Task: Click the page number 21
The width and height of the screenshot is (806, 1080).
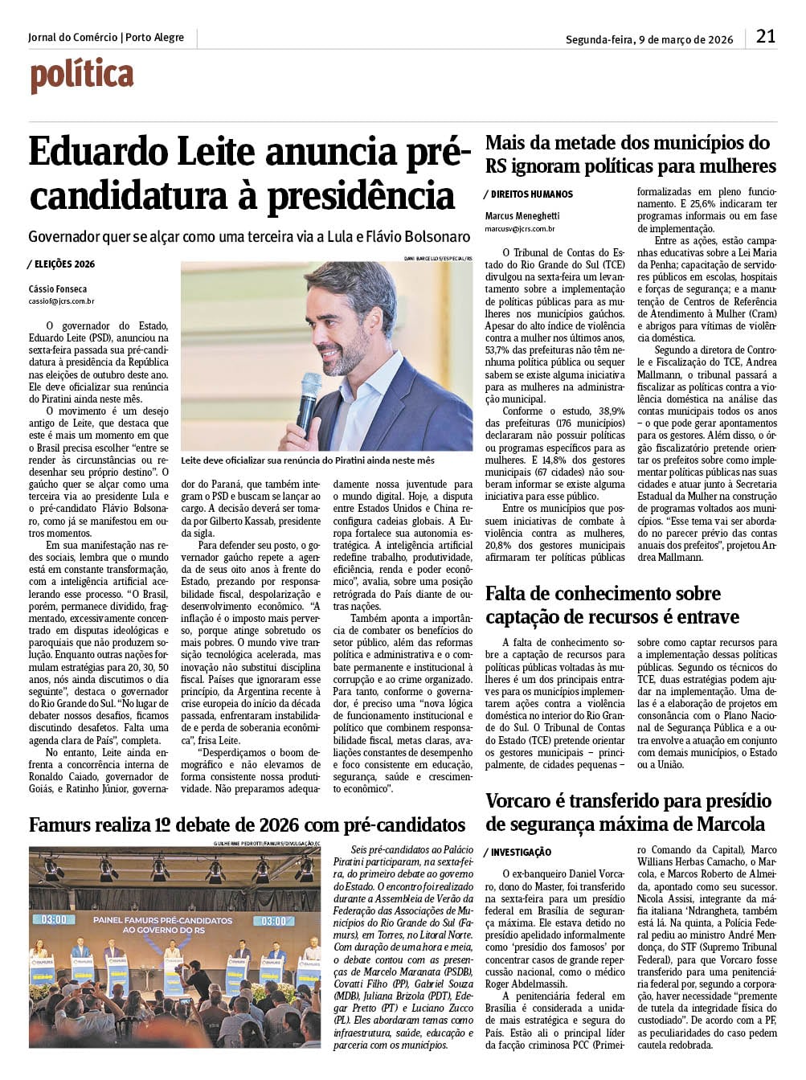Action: click(766, 36)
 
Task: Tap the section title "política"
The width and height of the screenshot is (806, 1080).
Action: click(82, 76)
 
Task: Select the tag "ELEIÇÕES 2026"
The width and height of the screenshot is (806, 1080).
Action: click(64, 264)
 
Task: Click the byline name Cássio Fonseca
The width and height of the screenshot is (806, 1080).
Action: click(58, 289)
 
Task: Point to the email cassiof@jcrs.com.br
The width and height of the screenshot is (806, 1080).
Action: click(62, 301)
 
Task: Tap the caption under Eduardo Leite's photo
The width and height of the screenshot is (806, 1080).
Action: click(308, 460)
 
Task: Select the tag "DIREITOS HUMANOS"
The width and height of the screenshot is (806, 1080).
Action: click(531, 194)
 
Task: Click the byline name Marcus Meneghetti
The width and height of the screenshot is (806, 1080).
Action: click(522, 216)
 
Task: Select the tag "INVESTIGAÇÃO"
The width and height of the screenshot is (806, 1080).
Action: click(521, 852)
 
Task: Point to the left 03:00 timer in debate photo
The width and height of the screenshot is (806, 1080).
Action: click(53, 919)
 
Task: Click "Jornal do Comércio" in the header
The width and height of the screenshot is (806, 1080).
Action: click(72, 38)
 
